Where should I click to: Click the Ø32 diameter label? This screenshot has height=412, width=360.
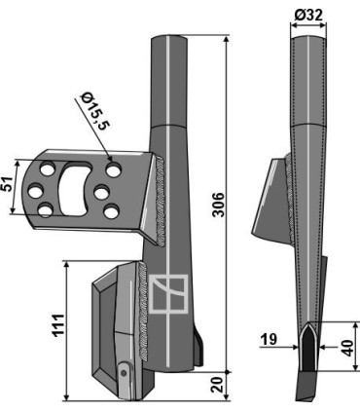pos(308,16)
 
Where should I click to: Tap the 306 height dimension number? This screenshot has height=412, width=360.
pos(219,205)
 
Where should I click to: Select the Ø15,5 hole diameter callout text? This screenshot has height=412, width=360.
pos(94,111)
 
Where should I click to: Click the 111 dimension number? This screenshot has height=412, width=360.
pos(58,325)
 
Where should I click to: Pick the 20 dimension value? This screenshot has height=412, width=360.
pos(218,385)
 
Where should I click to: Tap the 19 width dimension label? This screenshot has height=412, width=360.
pos(269,339)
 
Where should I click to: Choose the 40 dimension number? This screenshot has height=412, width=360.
pos(347,348)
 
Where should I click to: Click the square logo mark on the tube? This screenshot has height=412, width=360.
pos(168,294)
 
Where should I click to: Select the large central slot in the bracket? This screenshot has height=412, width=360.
pos(74,188)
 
